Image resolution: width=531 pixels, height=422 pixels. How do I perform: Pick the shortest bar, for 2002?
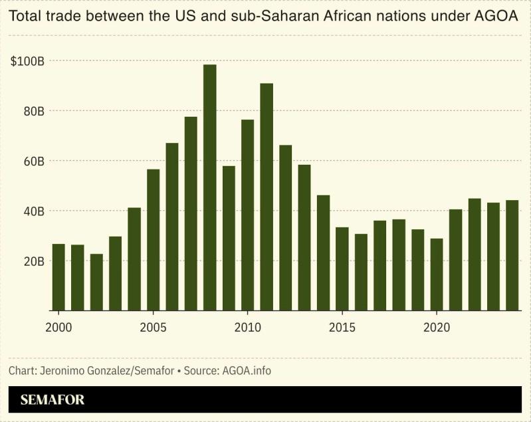[x=96, y=282]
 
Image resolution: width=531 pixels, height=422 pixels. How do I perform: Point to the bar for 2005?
[x=153, y=240]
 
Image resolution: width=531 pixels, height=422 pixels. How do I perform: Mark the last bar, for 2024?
[x=512, y=255]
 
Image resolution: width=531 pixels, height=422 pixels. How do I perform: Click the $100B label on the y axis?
[x=28, y=61]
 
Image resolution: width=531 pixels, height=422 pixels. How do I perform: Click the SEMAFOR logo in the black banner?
[x=53, y=400]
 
